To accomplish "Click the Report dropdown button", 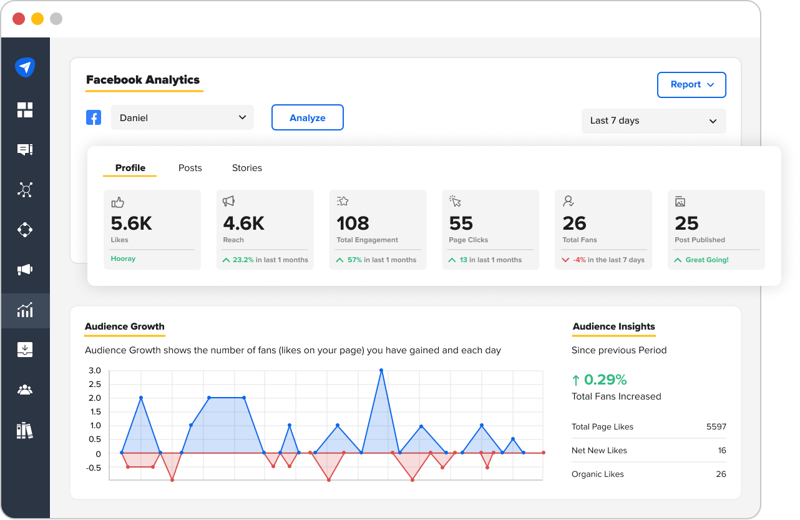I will coord(691,85).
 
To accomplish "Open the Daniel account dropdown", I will coord(182,117).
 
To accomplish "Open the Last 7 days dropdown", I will coord(653,120).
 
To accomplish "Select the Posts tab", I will coord(190,168).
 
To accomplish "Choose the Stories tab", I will coord(247,168).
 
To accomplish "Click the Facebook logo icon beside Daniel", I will coord(94,117).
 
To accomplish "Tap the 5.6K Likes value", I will coord(131,223).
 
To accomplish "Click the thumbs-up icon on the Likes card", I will coord(117,202).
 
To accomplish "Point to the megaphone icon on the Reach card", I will coord(229,201).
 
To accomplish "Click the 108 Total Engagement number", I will coord(353,223).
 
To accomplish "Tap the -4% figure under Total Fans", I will coord(579,260).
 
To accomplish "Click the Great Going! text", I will coord(707,260).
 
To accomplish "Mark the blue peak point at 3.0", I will coord(381,370).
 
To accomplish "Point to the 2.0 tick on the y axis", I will coord(95,398).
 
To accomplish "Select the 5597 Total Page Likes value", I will coord(716,427).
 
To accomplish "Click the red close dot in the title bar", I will coord(19,19).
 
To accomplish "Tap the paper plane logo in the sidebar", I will coord(25,67).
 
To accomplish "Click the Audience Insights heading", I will coord(613,326).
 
